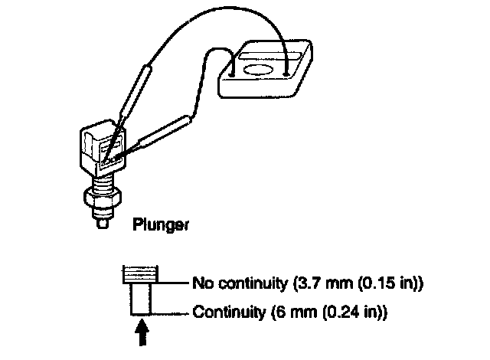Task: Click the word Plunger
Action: [x=161, y=225]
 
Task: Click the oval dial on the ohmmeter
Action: [x=258, y=72]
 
